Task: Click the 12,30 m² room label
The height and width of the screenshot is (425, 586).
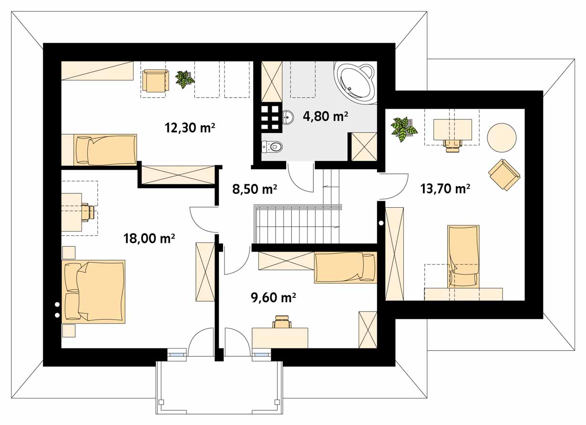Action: pos(190,128)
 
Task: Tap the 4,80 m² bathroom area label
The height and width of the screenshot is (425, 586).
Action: pos(325,116)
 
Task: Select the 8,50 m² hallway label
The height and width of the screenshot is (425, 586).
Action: pos(255,189)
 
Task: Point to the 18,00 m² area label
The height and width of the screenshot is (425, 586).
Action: pos(149,238)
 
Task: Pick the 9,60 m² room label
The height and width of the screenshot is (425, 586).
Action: pos(273,298)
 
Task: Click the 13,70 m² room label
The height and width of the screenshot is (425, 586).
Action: pos(445,189)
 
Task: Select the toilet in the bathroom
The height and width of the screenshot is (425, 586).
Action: pos(272,147)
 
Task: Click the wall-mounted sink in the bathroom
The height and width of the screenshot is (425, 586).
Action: pos(288,117)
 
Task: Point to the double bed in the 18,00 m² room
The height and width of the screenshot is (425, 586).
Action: pos(93,292)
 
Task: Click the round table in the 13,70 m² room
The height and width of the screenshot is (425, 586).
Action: pos(502,138)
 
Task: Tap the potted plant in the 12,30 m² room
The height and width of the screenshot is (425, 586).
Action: pos(185,79)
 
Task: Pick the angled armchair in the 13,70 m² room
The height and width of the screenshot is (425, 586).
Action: pos(504,174)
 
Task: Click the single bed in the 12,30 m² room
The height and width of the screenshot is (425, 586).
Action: pos(99,150)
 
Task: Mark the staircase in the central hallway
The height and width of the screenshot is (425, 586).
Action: pos(298,225)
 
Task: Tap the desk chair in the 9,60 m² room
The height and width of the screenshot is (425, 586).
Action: pos(282,321)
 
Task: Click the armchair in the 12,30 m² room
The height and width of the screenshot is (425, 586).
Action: pos(155,81)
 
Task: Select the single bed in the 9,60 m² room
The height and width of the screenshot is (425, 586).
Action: pos(345,267)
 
